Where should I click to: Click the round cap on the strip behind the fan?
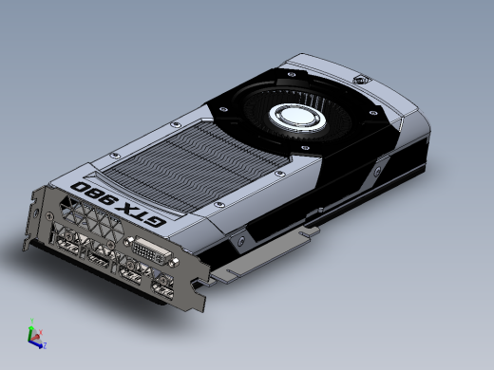click(x=360, y=81)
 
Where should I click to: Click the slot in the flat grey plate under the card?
click(x=308, y=230)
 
